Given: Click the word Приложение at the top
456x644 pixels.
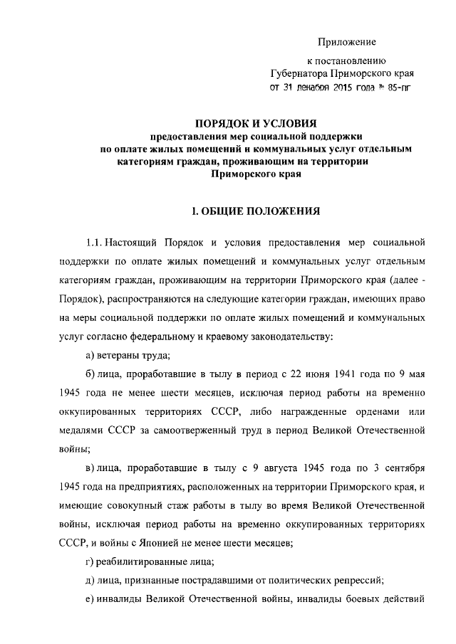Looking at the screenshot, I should (x=347, y=43).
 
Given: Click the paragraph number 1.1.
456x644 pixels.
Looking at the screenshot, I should (x=95, y=236).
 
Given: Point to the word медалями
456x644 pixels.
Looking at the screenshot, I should (x=74, y=431).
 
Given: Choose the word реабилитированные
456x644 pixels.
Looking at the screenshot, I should (x=133, y=561).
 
